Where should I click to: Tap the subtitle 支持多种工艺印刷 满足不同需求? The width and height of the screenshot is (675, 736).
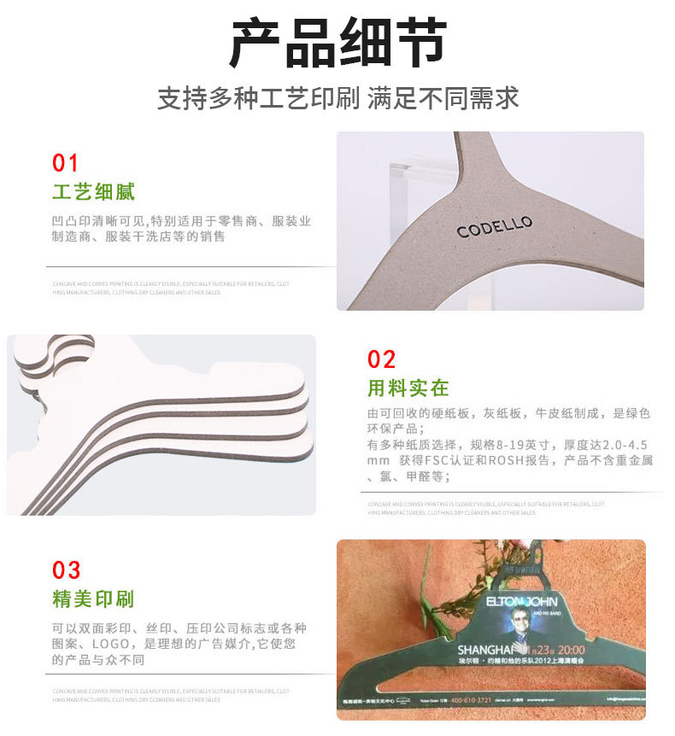[337, 97]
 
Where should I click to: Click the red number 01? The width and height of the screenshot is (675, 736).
[65, 162]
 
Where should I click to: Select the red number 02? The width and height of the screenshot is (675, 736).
[381, 359]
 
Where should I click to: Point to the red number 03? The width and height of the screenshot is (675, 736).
[66, 570]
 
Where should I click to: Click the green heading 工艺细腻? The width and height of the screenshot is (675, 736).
[93, 191]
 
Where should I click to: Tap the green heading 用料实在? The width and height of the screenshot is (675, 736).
[408, 388]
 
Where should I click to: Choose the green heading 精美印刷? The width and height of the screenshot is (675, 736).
[93, 599]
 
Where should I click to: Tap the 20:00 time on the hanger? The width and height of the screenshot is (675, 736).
[578, 650]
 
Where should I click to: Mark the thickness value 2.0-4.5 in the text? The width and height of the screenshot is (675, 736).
[622, 445]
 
